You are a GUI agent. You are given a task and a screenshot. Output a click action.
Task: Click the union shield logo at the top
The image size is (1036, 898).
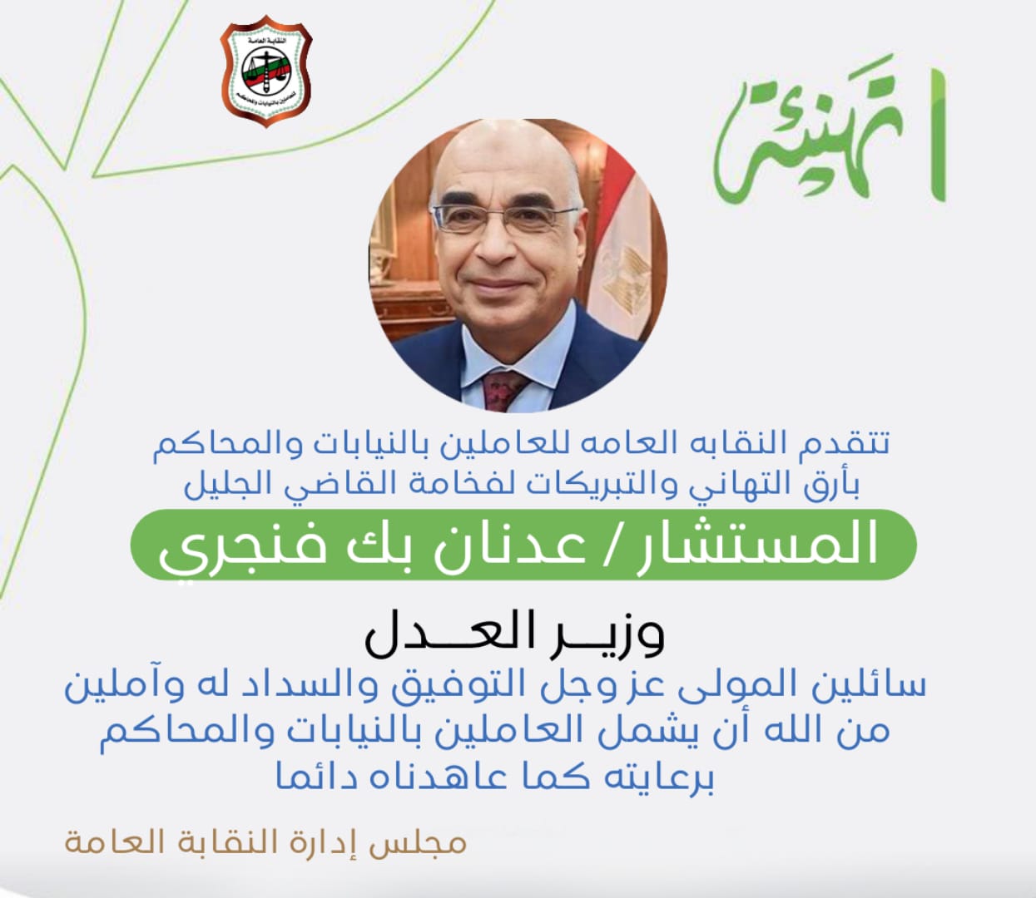(266, 71)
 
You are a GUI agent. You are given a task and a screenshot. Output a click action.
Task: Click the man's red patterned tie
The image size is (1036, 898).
(503, 389)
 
